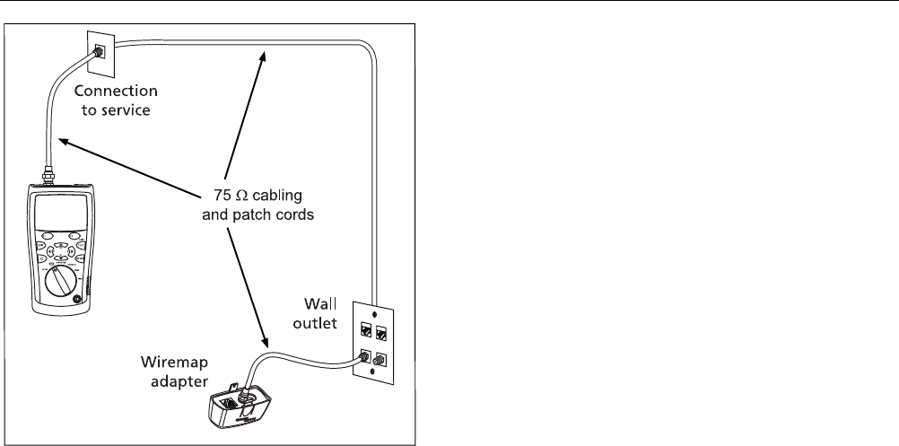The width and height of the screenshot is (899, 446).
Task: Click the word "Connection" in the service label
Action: click(116, 91)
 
